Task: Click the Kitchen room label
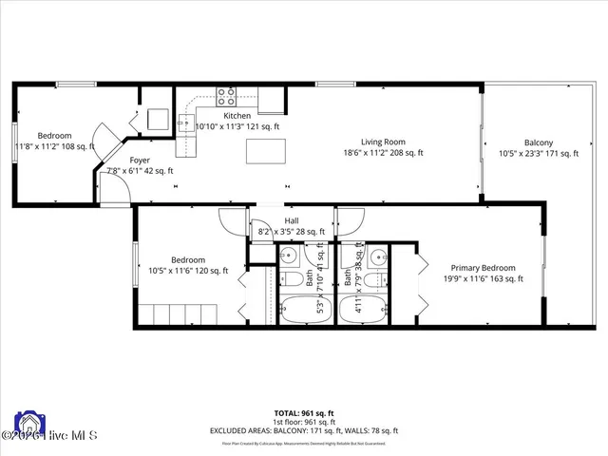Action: pos(210,115)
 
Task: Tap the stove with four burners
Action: pos(227,96)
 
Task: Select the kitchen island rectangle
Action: pos(265,152)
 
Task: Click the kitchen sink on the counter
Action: pos(184,121)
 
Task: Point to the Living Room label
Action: pos(383,142)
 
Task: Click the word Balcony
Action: pos(540,142)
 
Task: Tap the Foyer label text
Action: pos(140,161)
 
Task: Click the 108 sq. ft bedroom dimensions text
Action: pos(54,146)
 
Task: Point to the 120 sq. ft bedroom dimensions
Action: pos(185,271)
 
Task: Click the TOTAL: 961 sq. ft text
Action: pos(304,413)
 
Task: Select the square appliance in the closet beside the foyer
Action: pos(158,120)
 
